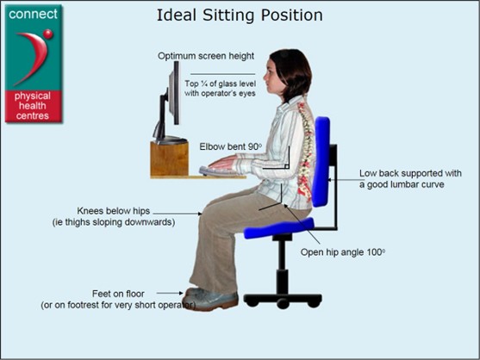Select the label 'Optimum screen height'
tap(205, 56)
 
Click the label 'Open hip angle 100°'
tap(342, 252)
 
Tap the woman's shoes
tap(210, 298)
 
